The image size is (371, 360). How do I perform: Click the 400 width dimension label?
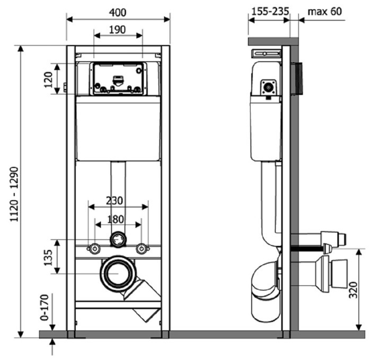(x=118, y=11)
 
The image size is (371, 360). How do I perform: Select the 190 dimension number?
(x=118, y=30)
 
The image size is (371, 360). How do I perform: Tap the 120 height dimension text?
(x=48, y=79)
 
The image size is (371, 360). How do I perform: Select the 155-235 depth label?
(x=268, y=11)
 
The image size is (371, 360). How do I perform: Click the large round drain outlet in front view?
(x=118, y=273)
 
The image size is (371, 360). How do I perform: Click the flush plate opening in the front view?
(x=118, y=79)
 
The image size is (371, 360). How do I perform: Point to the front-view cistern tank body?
(x=118, y=130)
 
